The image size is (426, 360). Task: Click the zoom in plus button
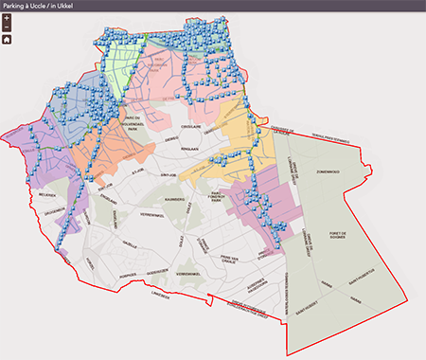tap(7, 18)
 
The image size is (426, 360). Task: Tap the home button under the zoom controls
tap(7, 40)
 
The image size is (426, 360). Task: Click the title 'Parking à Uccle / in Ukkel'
tap(47, 6)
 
